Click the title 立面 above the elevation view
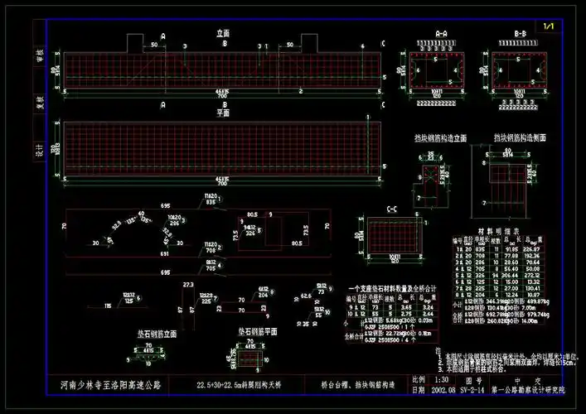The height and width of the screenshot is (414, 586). (x=223, y=34)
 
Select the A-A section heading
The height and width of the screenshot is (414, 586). (x=441, y=35)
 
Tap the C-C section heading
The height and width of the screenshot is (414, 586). (x=394, y=209)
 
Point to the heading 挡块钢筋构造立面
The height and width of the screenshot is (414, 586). (x=441, y=137)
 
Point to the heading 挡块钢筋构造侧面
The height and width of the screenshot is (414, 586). (x=519, y=137)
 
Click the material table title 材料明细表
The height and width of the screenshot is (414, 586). (x=495, y=232)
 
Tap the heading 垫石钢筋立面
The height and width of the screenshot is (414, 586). (x=157, y=334)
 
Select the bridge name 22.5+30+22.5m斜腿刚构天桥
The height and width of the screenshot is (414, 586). (x=240, y=385)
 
